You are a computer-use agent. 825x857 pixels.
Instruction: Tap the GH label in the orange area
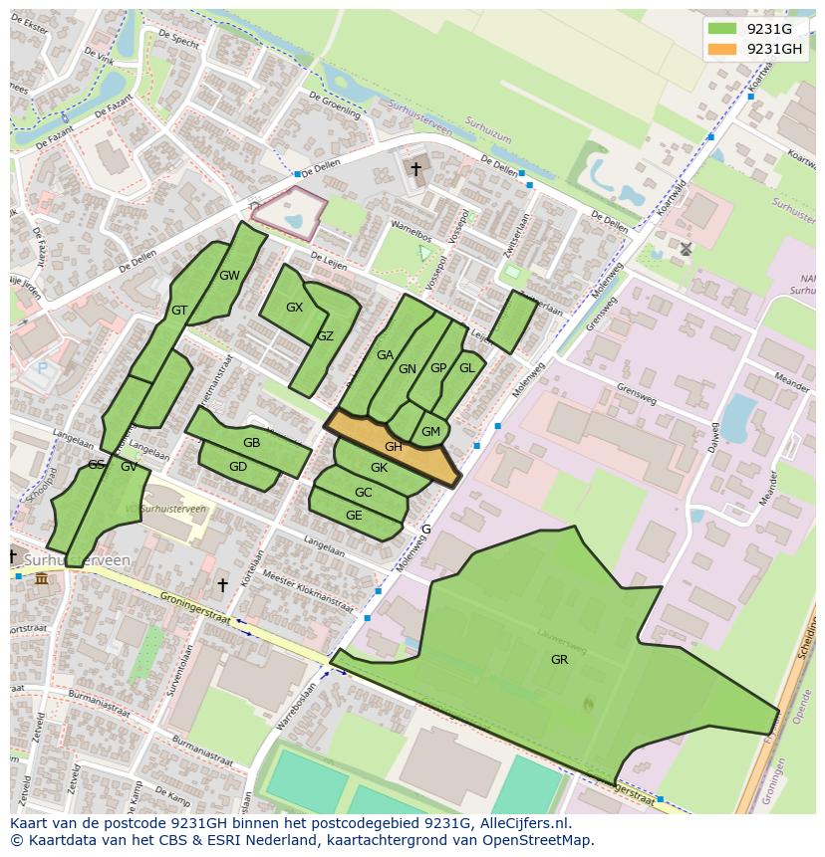point(394,447)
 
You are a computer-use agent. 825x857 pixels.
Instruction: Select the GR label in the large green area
point(559,659)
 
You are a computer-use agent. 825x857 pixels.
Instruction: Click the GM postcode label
point(430,431)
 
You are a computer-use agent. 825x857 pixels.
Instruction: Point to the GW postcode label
point(229,276)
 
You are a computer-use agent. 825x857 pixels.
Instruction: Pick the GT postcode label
point(179,311)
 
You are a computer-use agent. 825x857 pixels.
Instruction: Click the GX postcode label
point(294,308)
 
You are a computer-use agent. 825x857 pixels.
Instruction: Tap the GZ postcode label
point(325,336)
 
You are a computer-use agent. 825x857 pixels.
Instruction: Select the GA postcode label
point(385,354)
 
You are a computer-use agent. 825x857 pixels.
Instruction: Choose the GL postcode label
point(466,367)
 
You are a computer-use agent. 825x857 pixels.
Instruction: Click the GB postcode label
point(251,443)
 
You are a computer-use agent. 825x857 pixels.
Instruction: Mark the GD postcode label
point(238,467)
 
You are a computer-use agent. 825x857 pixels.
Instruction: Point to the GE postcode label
point(354,516)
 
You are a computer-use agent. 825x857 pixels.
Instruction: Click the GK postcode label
point(379,468)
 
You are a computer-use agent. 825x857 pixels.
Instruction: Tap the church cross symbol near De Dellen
point(415,169)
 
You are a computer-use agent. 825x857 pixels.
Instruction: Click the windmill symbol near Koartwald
point(686,248)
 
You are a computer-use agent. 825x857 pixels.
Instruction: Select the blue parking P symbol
point(42,368)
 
